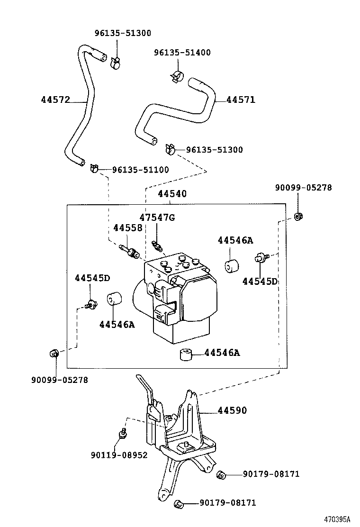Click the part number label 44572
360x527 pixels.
pyautogui.click(x=55, y=100)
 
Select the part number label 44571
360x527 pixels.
pyautogui.click(x=241, y=100)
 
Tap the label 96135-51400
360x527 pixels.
pyautogui.click(x=182, y=53)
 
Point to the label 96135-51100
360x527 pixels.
pyautogui.click(x=140, y=170)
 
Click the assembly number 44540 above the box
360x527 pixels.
pyautogui.click(x=172, y=194)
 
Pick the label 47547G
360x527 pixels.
pyautogui.click(x=157, y=218)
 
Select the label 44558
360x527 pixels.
pyautogui.click(x=127, y=228)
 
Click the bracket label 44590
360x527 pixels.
pyautogui.click(x=232, y=411)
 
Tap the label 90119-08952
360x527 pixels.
pyautogui.click(x=119, y=455)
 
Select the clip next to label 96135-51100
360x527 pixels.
pyautogui.click(x=93, y=167)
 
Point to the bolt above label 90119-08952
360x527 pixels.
pyautogui.click(x=123, y=433)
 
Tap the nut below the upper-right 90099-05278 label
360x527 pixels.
pyautogui.click(x=298, y=217)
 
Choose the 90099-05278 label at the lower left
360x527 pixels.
pyautogui.click(x=60, y=380)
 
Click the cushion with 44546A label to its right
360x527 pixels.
pyautogui.click(x=186, y=354)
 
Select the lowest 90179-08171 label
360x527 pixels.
pyautogui.click(x=227, y=503)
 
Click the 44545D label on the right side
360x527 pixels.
pyautogui.click(x=260, y=282)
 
